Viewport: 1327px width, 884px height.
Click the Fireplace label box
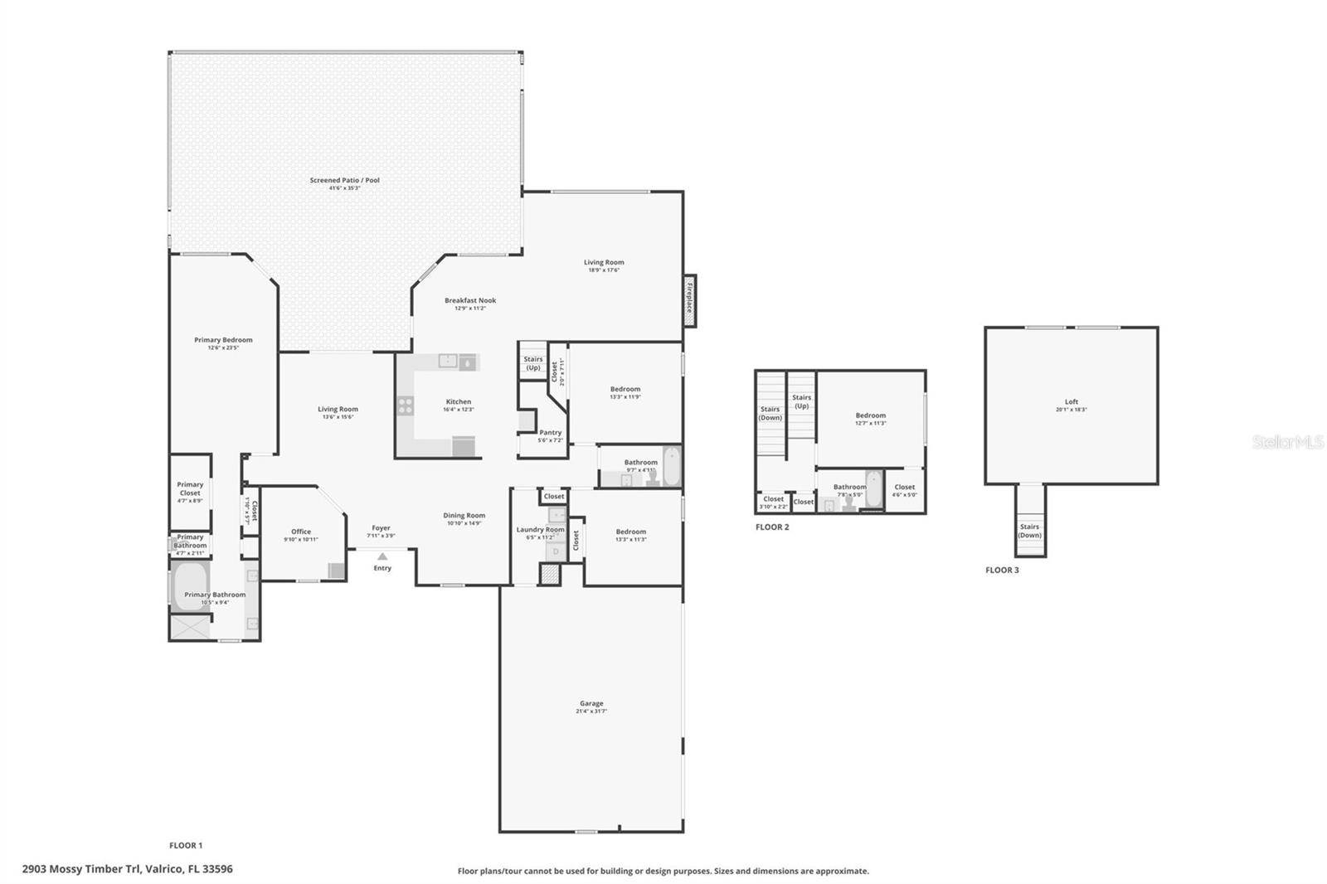tap(689, 300)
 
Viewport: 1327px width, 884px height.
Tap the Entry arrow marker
tap(382, 557)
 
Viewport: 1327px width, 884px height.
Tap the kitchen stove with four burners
tap(406, 406)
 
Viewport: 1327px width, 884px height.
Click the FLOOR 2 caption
tap(772, 527)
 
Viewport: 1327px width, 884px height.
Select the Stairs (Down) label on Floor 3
tap(1029, 531)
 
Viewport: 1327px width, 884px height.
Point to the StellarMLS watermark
tap(1287, 443)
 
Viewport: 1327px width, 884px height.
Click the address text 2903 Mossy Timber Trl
tap(128, 869)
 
